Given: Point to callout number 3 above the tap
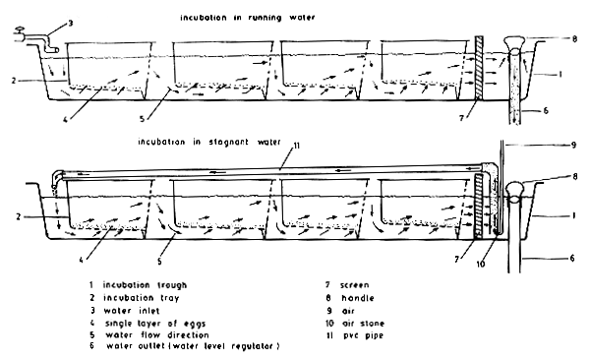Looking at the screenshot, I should coord(68,22).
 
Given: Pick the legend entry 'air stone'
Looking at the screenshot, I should coord(374,322).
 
